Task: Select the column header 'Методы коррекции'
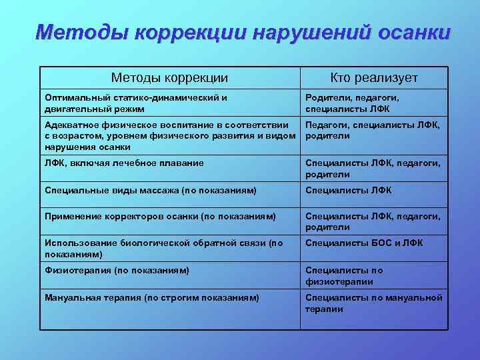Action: click(x=169, y=78)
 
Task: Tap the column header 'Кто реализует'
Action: click(x=374, y=78)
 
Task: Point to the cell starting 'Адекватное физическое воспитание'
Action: click(x=169, y=136)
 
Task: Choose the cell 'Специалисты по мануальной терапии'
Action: click(x=373, y=303)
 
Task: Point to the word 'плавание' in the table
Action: click(x=181, y=163)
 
